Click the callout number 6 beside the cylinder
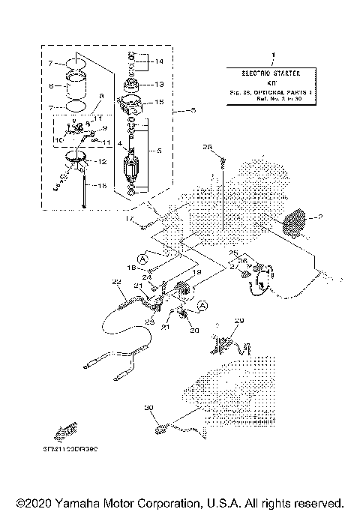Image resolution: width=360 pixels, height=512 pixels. (x=51, y=86)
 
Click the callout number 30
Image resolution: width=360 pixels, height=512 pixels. (x=148, y=408)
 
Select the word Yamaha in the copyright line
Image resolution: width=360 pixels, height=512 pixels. (x=84, y=502)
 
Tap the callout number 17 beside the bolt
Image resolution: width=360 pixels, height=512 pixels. (x=128, y=219)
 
